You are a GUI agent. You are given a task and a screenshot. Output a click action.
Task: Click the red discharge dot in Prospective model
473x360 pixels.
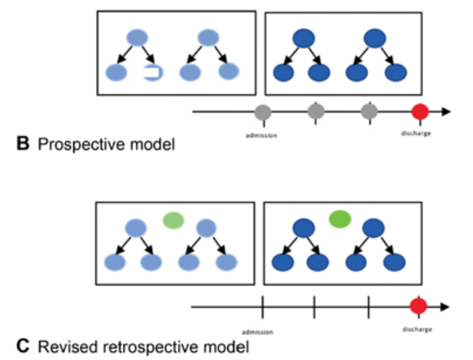pos(420,112)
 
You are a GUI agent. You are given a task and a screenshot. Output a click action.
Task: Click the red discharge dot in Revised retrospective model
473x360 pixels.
pos(419,306)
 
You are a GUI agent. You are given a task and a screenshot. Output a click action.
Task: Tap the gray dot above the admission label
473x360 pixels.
pos(263,112)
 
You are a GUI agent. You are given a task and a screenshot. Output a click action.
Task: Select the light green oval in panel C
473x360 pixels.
pos(173,220)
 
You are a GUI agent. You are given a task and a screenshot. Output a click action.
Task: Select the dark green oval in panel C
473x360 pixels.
pos(339,219)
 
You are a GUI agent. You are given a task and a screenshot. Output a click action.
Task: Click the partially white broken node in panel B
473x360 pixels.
pos(153,73)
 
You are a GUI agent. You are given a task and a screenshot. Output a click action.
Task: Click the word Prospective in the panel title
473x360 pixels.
pos(78,144)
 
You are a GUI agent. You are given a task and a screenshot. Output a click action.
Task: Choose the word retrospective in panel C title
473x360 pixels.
pos(137,346)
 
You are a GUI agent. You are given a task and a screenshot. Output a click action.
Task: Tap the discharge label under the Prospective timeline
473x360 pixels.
pos(416,133)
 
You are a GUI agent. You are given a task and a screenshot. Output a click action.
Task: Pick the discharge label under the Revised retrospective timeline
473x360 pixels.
pos(418,329)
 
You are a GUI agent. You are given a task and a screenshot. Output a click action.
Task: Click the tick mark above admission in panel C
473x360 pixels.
pos(262,306)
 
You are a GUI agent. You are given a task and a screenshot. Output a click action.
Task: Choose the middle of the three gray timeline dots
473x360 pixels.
pos(316,111)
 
